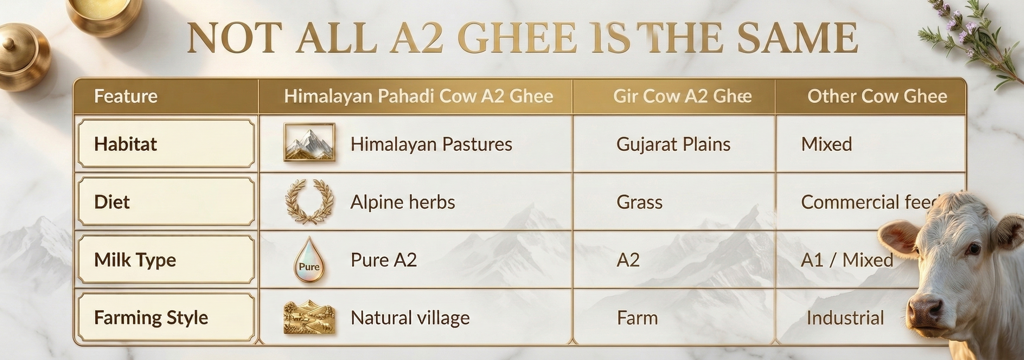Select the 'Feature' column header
pos(126,97)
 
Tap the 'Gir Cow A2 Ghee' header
pos(682,96)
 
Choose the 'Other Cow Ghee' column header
pos(877,96)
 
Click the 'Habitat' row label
pos(126,144)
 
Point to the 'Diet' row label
pos(112,202)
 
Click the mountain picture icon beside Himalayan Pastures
pos(309,142)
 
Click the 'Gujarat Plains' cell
pos(673,144)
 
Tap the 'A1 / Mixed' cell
pos(847,260)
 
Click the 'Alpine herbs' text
pos(403,202)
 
